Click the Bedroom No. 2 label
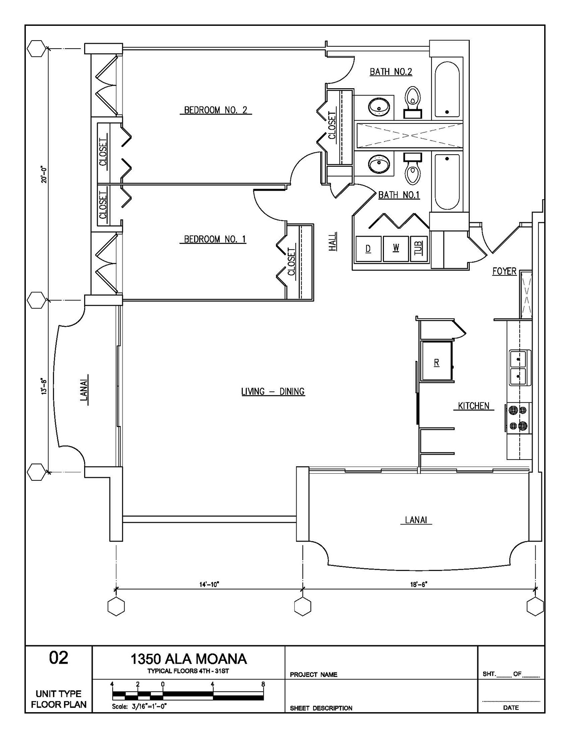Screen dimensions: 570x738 (x=216, y=110)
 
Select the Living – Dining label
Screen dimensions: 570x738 (x=273, y=392)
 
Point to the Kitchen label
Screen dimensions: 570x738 (x=474, y=406)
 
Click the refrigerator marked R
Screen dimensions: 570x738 (x=437, y=361)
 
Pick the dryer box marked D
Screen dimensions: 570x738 (x=368, y=249)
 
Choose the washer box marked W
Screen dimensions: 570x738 (x=396, y=249)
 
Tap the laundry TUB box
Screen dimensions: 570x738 (x=419, y=249)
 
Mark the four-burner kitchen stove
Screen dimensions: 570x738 (x=518, y=418)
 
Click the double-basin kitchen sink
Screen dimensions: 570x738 (x=520, y=368)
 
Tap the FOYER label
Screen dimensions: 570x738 (x=505, y=271)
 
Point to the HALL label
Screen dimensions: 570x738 (x=333, y=242)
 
